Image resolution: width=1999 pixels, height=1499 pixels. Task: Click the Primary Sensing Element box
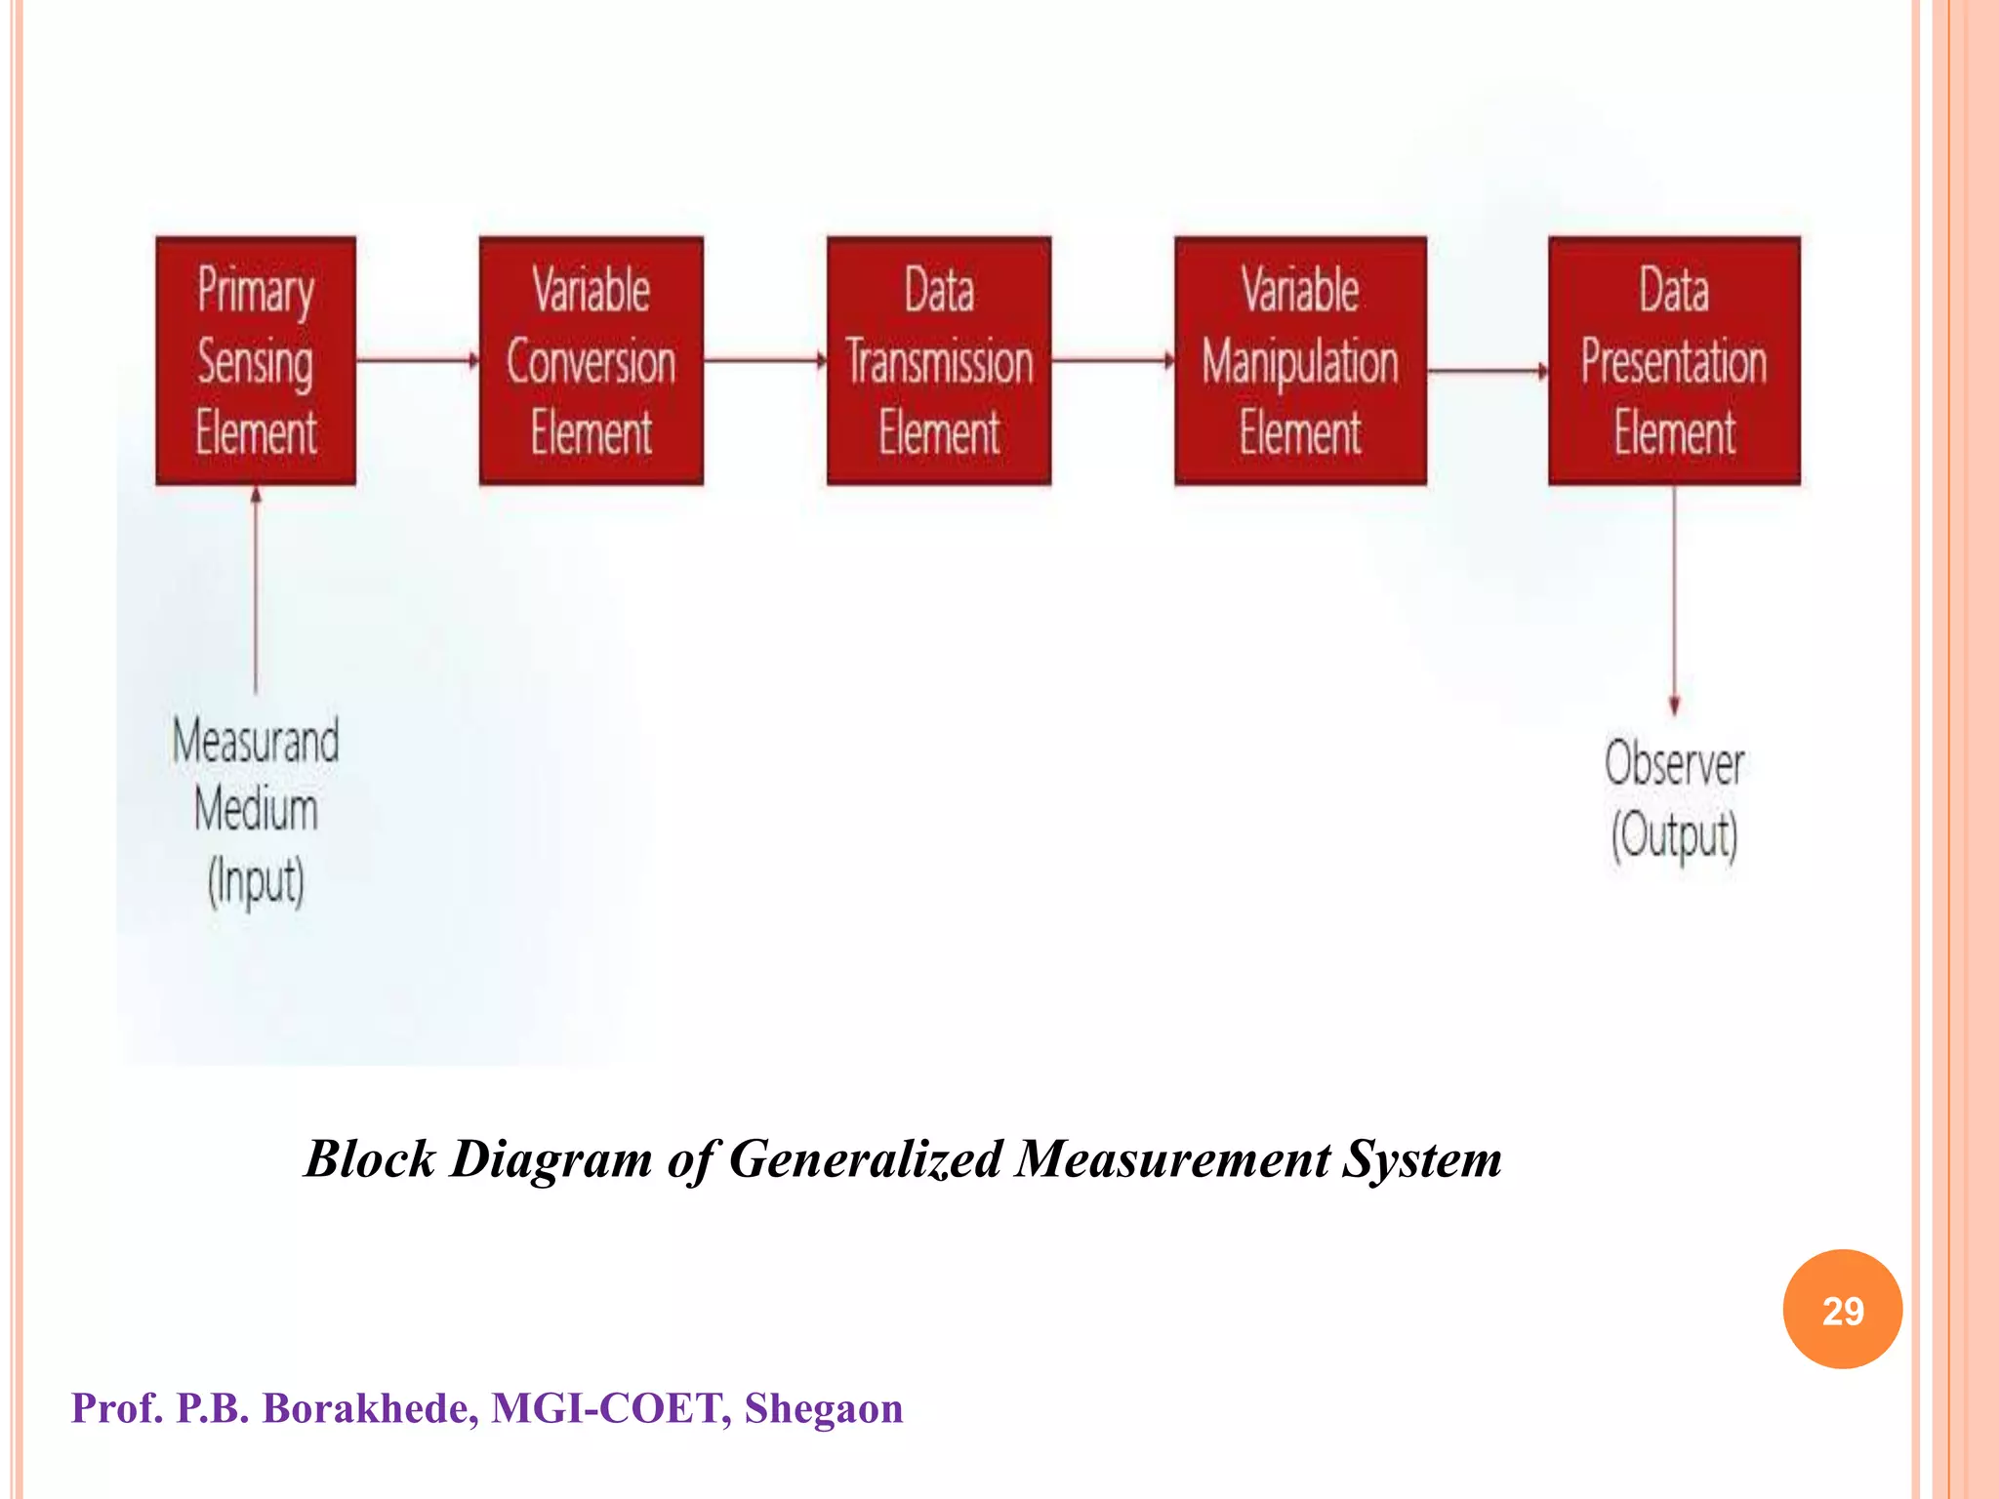tap(256, 361)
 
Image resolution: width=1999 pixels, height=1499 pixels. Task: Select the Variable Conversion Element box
tap(591, 361)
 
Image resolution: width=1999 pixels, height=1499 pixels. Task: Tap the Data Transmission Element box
tap(939, 361)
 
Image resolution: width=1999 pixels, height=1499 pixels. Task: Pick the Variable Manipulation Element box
tap(1300, 361)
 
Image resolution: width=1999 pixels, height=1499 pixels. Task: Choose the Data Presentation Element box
tap(1674, 361)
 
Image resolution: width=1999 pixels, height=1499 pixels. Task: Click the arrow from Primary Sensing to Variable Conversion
tap(417, 361)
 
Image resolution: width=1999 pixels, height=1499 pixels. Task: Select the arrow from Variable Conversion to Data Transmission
tap(764, 361)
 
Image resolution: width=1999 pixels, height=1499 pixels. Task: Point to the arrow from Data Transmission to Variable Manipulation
tap(1113, 361)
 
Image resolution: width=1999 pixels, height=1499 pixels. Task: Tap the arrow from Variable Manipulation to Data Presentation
tap(1487, 371)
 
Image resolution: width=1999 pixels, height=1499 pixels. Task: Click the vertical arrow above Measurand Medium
tap(256, 589)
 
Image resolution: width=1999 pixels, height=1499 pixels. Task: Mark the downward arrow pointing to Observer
tap(1674, 599)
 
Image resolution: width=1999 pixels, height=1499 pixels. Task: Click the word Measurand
tap(256, 741)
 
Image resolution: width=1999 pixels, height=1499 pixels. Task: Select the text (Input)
tap(256, 881)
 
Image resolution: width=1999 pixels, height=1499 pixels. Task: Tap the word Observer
tap(1674, 763)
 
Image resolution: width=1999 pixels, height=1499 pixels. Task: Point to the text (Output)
tap(1674, 835)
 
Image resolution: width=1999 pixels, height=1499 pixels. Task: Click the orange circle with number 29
tap(1842, 1310)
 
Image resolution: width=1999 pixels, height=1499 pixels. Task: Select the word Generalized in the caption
tap(865, 1159)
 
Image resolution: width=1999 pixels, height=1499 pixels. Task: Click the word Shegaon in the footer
tap(823, 1408)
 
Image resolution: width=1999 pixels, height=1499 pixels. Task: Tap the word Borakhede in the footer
tap(370, 1408)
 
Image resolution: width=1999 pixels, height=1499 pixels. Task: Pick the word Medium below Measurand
tap(256, 810)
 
